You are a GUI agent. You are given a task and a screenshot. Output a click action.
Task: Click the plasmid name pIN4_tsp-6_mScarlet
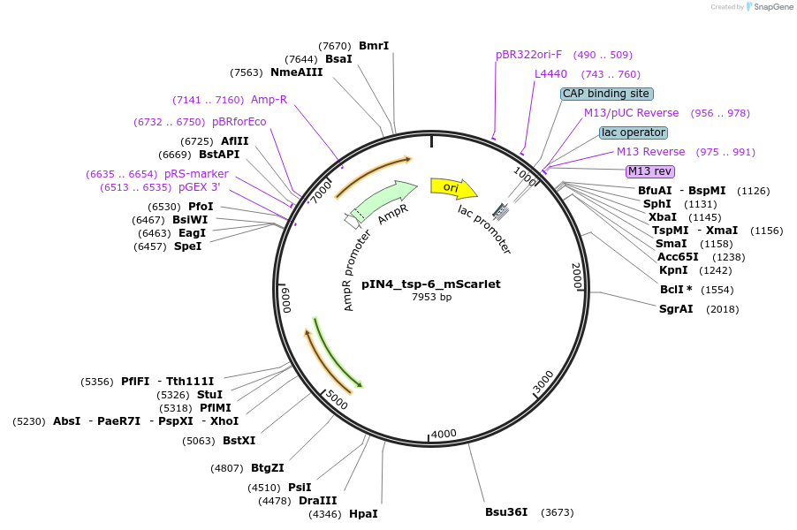tap(430, 284)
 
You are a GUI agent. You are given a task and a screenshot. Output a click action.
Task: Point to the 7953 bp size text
tap(431, 297)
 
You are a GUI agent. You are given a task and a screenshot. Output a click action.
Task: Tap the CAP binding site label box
tap(606, 94)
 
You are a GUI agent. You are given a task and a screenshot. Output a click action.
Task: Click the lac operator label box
tap(633, 132)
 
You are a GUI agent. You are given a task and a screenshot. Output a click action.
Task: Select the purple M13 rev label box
tap(649, 171)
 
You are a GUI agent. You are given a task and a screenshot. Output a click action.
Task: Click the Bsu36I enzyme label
tap(506, 511)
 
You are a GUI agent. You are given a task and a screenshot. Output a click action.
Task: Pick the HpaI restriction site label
tap(363, 513)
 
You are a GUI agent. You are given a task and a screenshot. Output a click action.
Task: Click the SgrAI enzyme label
tap(676, 308)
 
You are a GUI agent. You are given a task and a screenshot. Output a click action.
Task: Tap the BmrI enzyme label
tap(374, 46)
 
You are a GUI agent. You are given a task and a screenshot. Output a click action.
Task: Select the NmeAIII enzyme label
tap(297, 72)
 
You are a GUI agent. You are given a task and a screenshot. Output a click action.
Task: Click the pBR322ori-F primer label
tap(528, 55)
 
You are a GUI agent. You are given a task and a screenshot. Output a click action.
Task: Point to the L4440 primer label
tap(550, 74)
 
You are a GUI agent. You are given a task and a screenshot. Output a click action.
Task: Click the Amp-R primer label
tap(269, 100)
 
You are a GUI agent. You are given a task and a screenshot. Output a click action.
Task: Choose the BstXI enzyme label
tap(239, 440)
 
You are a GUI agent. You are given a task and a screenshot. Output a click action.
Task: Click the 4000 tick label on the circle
tap(443, 434)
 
